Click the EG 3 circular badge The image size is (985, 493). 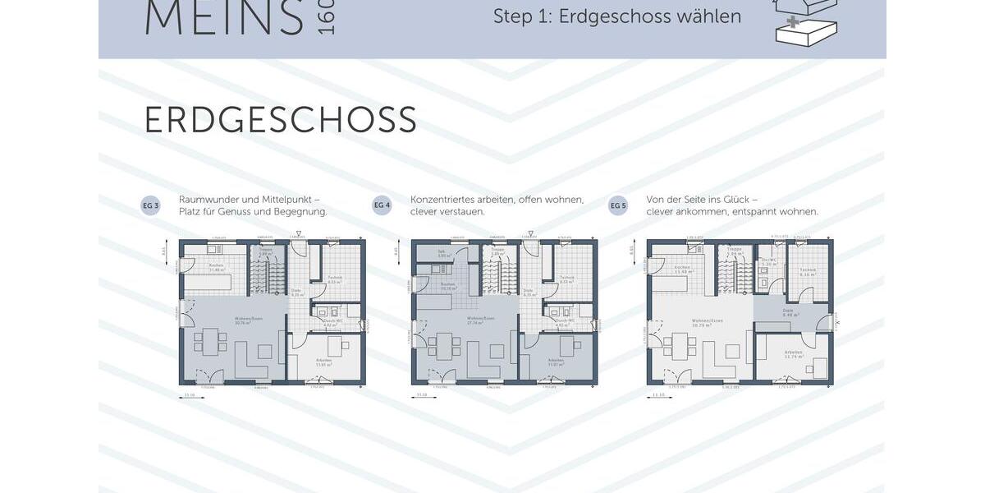[x=150, y=205]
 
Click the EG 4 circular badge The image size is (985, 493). [x=382, y=205]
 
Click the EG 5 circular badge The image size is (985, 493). [x=618, y=205]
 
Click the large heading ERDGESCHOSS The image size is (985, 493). [x=280, y=120]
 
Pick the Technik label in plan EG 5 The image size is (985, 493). [x=808, y=271]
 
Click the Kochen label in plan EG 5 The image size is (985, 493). [x=682, y=269]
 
